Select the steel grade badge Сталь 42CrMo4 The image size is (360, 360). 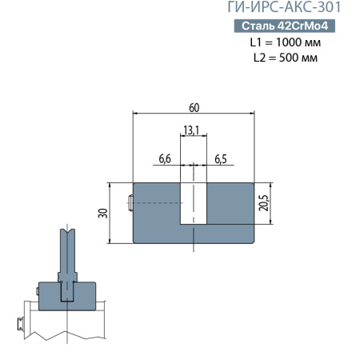point(285,26)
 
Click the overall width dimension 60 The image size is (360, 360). point(194,107)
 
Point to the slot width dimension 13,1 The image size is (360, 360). point(191,130)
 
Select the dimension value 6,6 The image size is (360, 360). point(166,159)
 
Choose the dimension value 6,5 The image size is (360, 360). point(220,159)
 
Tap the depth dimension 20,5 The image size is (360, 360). point(265,204)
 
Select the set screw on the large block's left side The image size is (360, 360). point(129,203)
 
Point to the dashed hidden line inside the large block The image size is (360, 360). point(156,203)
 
